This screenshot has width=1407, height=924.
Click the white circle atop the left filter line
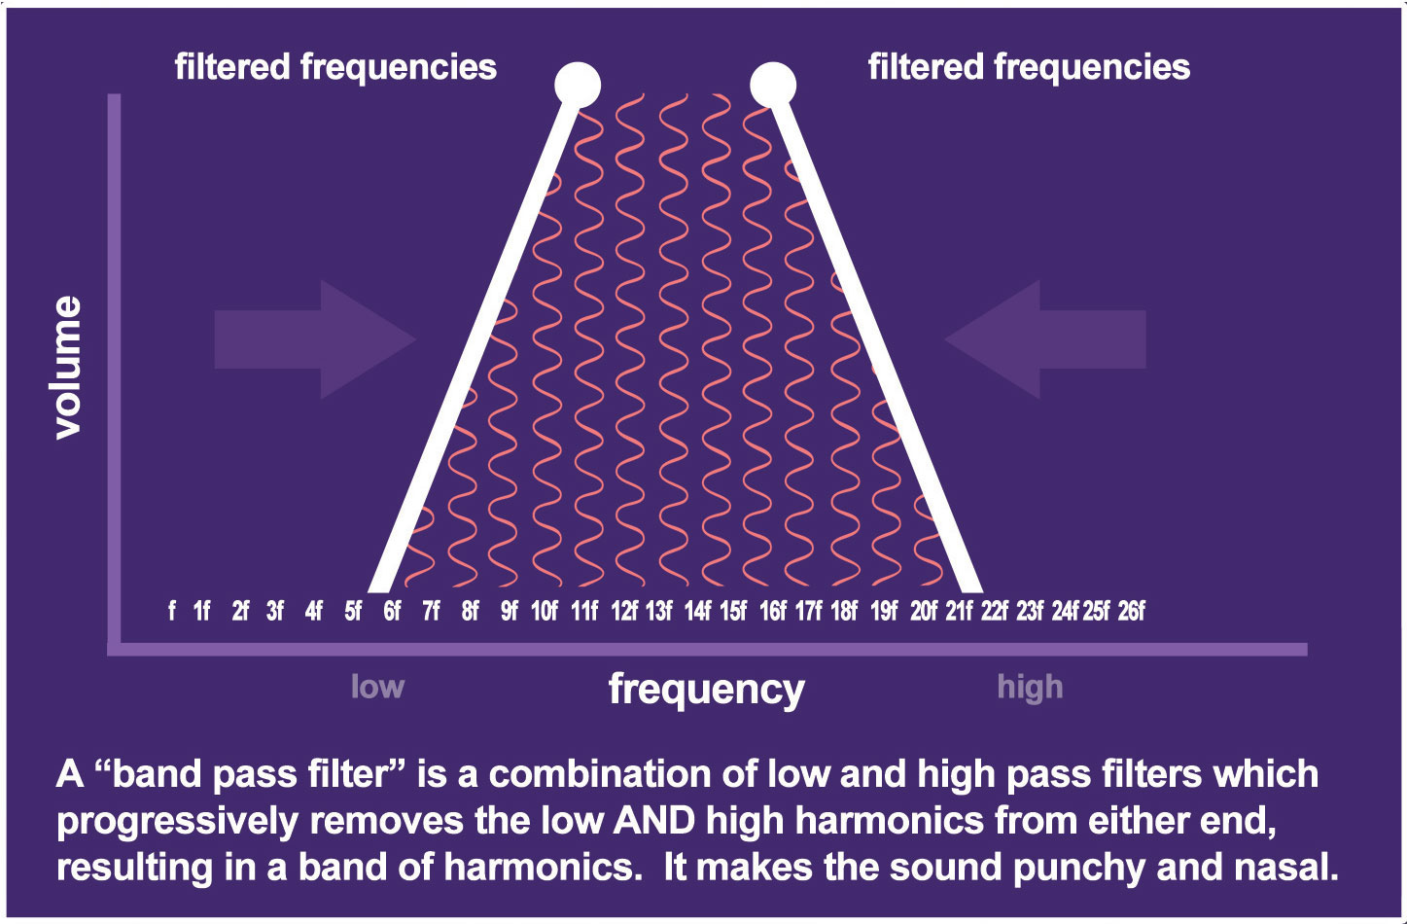(x=578, y=85)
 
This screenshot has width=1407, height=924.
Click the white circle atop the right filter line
(x=773, y=85)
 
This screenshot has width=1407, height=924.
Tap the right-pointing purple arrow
(x=315, y=339)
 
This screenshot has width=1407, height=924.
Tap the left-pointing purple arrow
(x=1045, y=339)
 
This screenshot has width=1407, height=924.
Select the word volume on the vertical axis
(x=68, y=368)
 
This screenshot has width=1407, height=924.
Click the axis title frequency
(x=707, y=689)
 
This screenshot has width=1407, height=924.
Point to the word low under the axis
(x=377, y=687)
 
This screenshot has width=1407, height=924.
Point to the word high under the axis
(x=1030, y=688)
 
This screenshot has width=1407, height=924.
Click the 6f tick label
(x=392, y=611)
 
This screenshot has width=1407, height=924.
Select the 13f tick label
(x=659, y=611)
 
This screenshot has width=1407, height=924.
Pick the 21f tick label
(x=959, y=611)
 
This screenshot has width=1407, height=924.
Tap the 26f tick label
(x=1131, y=611)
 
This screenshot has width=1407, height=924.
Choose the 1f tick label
(x=201, y=611)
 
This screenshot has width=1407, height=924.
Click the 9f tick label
(x=510, y=611)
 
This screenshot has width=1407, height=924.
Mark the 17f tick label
(x=808, y=611)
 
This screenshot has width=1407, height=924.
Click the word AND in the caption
(x=653, y=821)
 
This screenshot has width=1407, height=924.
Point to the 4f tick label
(x=313, y=611)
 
